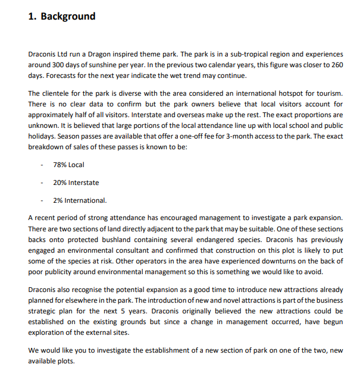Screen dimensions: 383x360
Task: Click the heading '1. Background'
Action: [x=62, y=16]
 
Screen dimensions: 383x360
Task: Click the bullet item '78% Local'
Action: [x=68, y=165]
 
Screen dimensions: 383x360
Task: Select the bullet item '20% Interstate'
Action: [x=76, y=183]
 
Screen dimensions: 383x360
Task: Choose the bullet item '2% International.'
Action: [x=80, y=200]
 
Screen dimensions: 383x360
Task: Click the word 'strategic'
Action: [x=46, y=311]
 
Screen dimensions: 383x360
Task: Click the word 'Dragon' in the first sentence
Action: [x=100, y=54]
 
